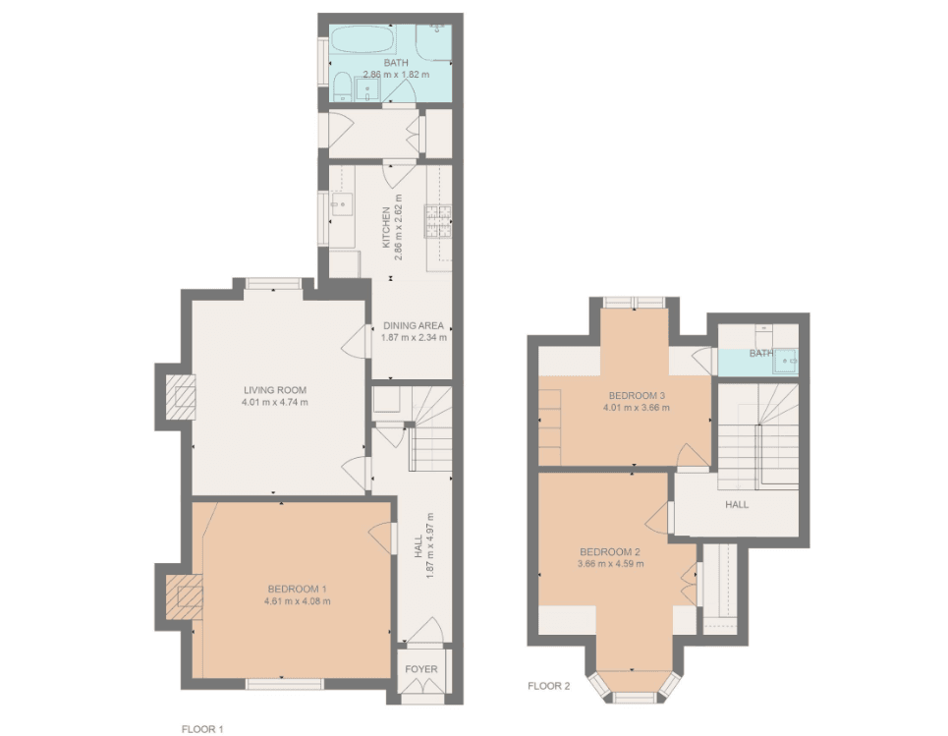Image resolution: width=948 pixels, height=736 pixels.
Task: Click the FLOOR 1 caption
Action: [202, 729]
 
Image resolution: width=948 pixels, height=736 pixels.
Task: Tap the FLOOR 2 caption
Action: [549, 686]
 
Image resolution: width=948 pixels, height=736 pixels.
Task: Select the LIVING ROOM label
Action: [275, 390]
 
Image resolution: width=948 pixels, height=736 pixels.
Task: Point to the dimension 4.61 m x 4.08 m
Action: [298, 601]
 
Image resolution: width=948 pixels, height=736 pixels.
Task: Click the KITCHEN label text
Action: [386, 228]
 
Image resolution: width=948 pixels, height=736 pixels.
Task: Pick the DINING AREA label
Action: [414, 325]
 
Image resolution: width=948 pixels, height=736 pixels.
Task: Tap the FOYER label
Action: [421, 669]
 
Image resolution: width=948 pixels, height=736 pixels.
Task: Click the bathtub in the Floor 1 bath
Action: [362, 41]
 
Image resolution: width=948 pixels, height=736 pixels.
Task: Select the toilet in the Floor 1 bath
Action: [342, 87]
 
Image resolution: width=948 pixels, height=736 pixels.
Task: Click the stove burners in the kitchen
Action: [438, 221]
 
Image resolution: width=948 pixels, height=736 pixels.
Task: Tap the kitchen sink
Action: [342, 204]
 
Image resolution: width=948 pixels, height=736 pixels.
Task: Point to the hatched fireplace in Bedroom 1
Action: [185, 596]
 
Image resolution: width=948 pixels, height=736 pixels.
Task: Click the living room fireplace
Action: [182, 397]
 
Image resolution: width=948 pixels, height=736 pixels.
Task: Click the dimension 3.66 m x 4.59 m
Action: [611, 564]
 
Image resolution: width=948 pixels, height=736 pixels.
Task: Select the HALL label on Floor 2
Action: [737, 504]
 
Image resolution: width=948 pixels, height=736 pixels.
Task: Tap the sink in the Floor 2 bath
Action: [786, 361]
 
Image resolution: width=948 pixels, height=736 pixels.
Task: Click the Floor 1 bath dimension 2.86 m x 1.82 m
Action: [396, 75]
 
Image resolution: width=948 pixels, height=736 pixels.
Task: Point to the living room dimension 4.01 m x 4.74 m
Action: [275, 402]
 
